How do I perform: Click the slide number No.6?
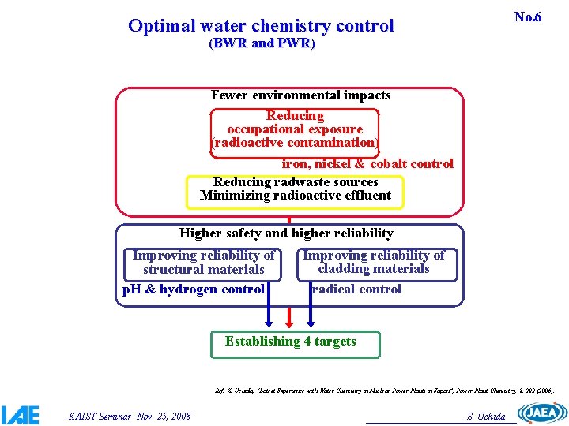(x=527, y=17)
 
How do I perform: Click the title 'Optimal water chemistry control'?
(x=261, y=26)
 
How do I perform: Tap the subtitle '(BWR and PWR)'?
(x=262, y=44)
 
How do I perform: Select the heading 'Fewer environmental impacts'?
(x=300, y=95)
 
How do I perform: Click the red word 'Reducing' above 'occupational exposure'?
(x=295, y=115)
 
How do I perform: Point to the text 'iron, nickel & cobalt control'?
(x=367, y=164)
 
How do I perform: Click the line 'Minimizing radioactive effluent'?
(x=296, y=196)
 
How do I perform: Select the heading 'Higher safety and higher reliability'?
(x=286, y=233)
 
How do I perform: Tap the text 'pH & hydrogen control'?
(x=194, y=290)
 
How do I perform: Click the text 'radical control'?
(x=356, y=290)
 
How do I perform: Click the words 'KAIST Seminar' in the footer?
(x=90, y=416)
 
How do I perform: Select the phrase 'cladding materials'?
(x=374, y=269)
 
